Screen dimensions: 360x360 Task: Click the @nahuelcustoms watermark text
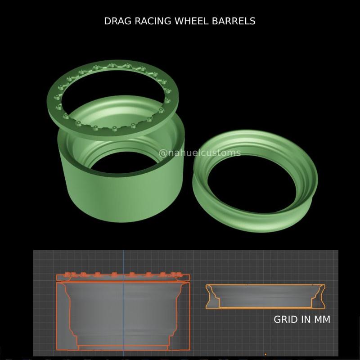(x=200, y=153)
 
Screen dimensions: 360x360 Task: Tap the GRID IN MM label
(x=302, y=319)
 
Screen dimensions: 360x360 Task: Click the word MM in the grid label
(x=322, y=319)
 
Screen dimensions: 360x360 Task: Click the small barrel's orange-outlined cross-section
(x=265, y=297)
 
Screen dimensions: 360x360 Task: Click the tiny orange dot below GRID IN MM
(x=265, y=354)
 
